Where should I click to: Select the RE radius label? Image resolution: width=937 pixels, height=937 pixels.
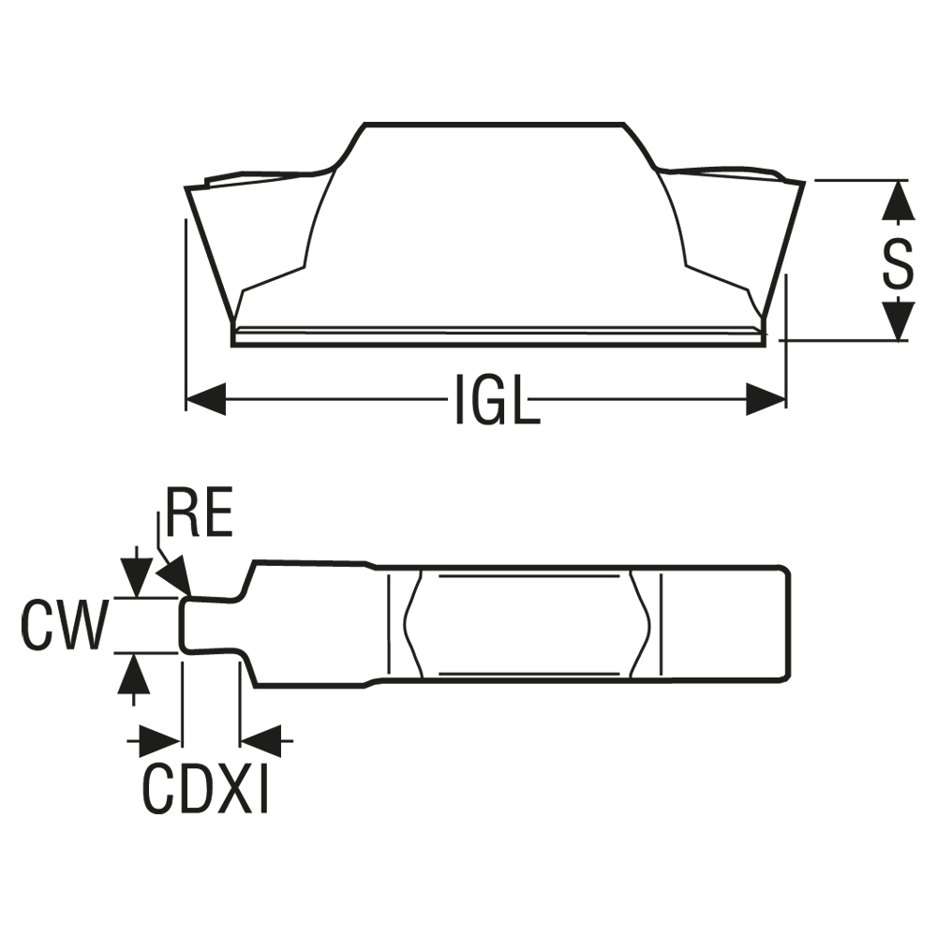pos(198,513)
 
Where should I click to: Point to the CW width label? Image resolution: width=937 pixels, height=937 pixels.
pos(63,626)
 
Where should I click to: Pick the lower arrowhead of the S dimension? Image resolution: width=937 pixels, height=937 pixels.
pos(899,320)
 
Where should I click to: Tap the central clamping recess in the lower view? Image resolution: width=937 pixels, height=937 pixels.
pos(525,623)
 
